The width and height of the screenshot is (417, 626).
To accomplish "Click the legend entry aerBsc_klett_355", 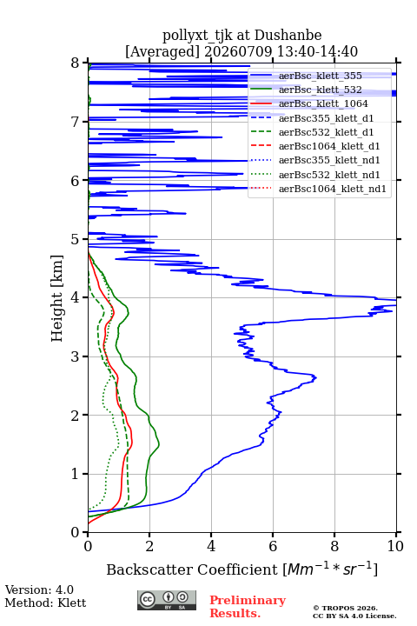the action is click(320, 76).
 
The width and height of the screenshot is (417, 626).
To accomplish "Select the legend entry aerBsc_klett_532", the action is click(320, 90).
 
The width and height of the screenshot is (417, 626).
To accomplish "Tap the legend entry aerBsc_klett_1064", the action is click(323, 103).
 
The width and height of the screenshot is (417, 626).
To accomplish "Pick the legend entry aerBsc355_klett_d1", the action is click(326, 118).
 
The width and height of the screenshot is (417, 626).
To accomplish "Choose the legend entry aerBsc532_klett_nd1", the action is click(329, 175).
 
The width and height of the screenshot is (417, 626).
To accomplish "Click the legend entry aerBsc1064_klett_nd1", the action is click(333, 189).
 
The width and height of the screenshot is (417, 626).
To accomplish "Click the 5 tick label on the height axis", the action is click(76, 240).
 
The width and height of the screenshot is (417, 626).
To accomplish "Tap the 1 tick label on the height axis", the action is click(76, 474).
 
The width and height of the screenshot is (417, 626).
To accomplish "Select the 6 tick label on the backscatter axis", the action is click(273, 546).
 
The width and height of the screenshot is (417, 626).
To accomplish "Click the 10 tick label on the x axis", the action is click(395, 546).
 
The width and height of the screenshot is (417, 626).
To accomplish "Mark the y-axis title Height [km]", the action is click(57, 298).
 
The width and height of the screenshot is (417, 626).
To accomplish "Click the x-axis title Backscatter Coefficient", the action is click(192, 569).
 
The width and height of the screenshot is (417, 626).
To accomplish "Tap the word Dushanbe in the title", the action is click(288, 36).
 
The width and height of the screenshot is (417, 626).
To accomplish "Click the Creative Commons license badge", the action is click(167, 600).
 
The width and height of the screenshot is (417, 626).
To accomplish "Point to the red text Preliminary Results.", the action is click(248, 607).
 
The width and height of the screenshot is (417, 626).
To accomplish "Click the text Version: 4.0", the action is click(39, 590).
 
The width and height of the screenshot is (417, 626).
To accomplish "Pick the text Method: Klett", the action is click(45, 603).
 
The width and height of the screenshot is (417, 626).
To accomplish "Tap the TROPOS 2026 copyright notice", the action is click(346, 608).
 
